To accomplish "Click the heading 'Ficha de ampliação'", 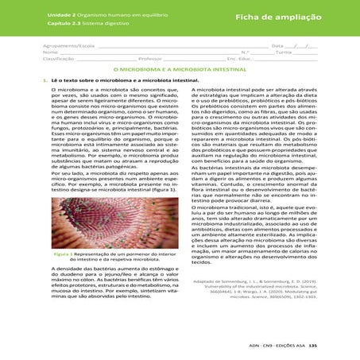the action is click(282, 16).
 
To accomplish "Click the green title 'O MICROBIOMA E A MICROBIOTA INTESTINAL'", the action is click(179, 70).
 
